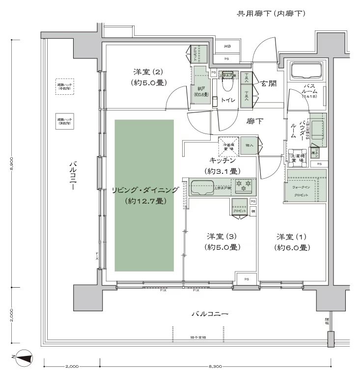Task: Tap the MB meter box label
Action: coord(227,47)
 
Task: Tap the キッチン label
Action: coord(222,161)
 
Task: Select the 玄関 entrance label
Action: coord(268,83)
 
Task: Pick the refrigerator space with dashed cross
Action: coord(228,146)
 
